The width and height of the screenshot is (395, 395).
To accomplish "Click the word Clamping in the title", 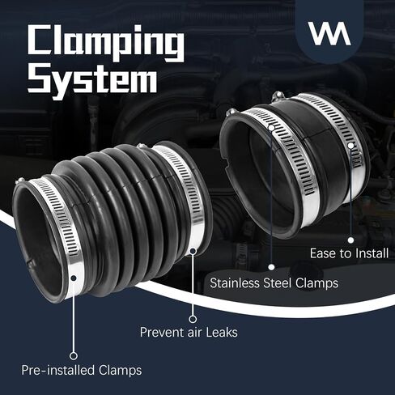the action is (x=106, y=43).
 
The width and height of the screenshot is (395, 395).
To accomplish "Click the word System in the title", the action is (x=92, y=80).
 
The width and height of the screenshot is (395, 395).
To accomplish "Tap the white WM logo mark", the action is (x=329, y=33).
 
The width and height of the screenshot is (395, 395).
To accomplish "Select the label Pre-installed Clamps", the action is (x=82, y=370).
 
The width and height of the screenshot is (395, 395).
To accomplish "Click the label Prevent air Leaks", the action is (x=189, y=332).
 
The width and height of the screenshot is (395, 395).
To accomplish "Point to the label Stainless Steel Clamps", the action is (x=274, y=283).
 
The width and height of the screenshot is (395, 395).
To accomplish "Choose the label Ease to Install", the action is (x=349, y=253).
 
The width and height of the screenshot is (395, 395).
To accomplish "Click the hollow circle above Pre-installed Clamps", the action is (x=74, y=355).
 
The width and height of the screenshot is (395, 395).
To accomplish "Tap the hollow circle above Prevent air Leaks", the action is (x=193, y=319).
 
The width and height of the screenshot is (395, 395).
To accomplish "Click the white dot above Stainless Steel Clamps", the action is (x=271, y=267).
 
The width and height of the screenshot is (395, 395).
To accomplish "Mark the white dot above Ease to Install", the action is (x=350, y=240).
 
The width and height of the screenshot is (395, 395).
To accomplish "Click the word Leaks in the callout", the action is (x=222, y=332).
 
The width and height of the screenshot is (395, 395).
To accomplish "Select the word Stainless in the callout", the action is (x=234, y=283).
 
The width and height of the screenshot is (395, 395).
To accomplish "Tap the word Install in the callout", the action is (x=372, y=253).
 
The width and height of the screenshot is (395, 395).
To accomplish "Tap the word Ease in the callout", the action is (x=322, y=253).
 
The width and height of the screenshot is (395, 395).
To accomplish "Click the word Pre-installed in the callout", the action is (x=57, y=370).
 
